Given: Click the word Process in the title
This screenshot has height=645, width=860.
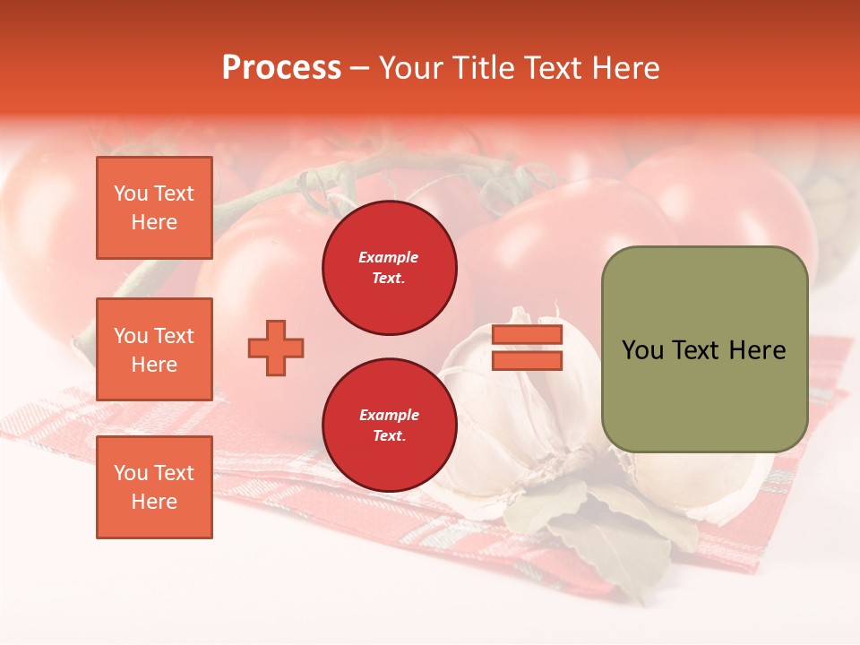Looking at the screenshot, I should click(281, 68).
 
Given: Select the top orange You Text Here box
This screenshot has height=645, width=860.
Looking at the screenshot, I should click(154, 208).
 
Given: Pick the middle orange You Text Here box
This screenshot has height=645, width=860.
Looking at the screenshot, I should click(154, 349).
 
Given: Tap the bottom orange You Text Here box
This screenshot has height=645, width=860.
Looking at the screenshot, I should click(154, 487).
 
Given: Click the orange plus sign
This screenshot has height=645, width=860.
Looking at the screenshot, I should click(276, 348).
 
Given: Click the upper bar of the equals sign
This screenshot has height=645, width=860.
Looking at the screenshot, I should click(527, 335).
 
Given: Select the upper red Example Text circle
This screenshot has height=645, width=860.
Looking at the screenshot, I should click(390, 268).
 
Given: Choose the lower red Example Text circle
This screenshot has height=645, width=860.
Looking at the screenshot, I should click(390, 426).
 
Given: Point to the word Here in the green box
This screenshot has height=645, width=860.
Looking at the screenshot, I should click(757, 350).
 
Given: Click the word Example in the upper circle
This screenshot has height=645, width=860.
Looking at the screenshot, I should click(388, 257).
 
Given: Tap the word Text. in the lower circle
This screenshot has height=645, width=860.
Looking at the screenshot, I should click(389, 436).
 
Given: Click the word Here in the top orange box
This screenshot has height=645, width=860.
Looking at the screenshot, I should click(154, 222).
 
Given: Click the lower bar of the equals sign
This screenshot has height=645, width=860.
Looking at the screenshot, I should click(527, 361).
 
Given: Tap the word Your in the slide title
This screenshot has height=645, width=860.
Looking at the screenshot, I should click(408, 68).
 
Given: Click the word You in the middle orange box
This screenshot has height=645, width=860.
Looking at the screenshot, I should click(131, 336).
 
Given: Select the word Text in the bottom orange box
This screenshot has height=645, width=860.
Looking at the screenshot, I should click(174, 473).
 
